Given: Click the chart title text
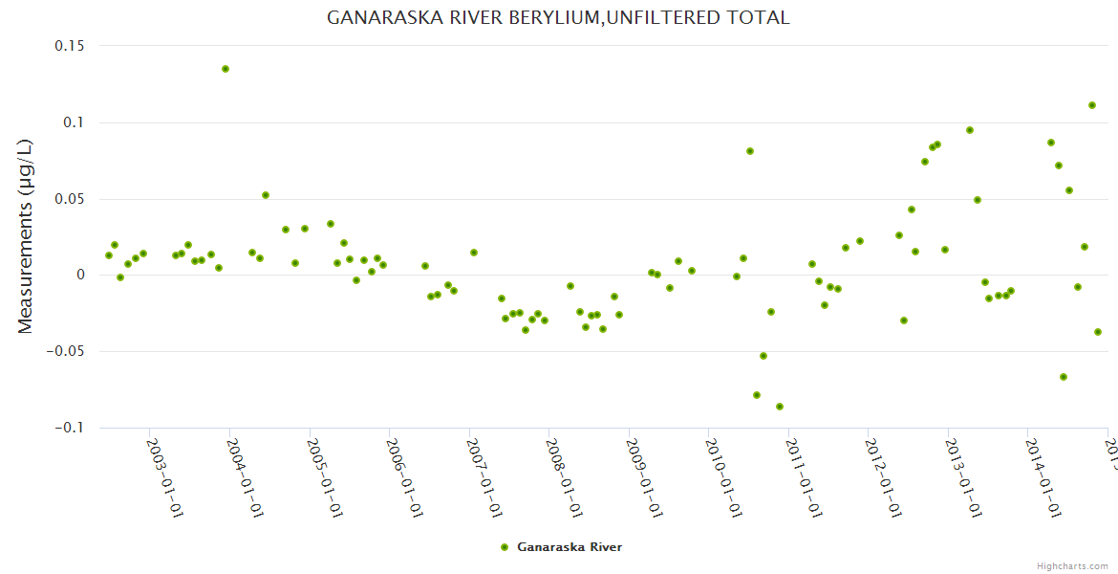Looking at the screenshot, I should coord(558,18).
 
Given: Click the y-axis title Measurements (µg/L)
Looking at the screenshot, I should coord(26,236).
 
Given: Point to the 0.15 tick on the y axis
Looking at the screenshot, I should coord(69,46).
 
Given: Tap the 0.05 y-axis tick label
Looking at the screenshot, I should coord(69,199).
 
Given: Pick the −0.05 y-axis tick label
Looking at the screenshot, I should coord(65,351).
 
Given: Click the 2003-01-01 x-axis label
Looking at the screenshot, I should coord(165,478).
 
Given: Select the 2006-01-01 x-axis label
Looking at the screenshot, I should coord(405,478).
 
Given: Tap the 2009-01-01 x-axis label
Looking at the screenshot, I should coord(645,478).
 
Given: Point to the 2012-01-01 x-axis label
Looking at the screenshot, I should coord(884,478).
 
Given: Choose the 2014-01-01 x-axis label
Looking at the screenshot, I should coord(1043,478).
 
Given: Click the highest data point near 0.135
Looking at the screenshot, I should coord(226,69).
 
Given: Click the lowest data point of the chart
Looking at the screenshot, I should coord(780,407).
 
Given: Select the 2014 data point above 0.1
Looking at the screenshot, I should coord(1092,105).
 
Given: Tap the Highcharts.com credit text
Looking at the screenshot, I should coord(1073,566).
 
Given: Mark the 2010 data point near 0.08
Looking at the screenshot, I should coord(750,151).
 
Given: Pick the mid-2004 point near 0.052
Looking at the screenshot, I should coord(266,195).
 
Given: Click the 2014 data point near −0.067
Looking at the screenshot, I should coord(1064,377).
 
